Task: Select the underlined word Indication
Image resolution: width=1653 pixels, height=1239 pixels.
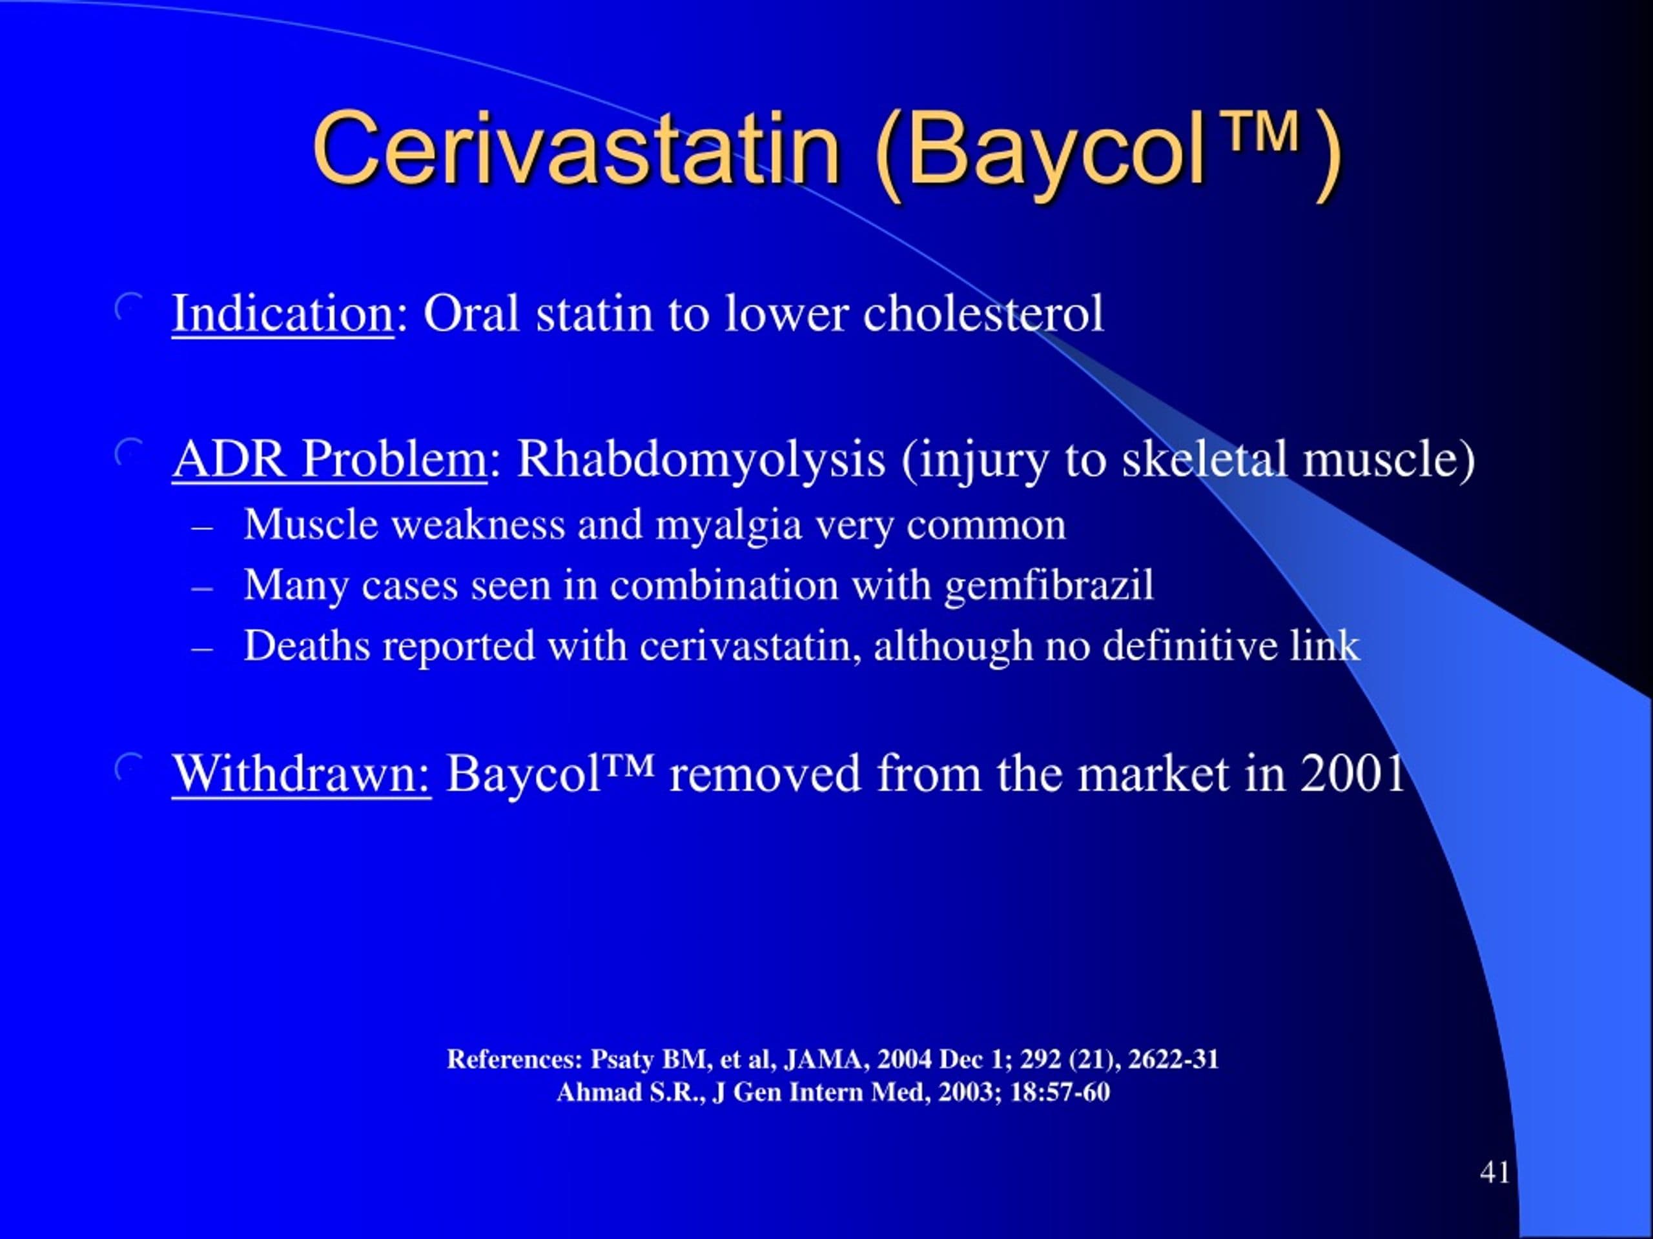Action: (282, 314)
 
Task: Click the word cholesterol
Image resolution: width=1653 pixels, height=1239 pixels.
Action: (983, 314)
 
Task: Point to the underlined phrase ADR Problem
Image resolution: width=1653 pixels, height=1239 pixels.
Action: (329, 459)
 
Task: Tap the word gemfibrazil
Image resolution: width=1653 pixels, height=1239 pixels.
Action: (1049, 585)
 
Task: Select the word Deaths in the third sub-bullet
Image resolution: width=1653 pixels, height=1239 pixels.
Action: (307, 646)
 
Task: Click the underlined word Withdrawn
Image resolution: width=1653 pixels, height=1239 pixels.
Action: (301, 774)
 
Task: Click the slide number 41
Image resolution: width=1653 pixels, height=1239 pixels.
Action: (1495, 1173)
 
